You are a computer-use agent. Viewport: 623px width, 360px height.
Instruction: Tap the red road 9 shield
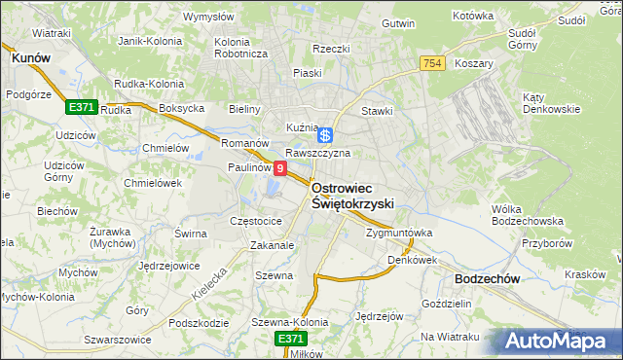pos(280,169)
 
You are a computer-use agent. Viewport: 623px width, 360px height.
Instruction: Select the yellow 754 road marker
pos(434,63)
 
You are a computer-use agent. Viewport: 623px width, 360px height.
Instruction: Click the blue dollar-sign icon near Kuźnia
pos(326,135)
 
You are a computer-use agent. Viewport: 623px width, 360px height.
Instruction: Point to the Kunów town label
pos(31,58)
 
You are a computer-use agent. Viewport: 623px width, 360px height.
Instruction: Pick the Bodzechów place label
pos(487,278)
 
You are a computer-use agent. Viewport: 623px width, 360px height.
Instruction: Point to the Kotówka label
pos(474,17)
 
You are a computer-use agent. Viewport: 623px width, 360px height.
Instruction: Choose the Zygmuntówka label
pos(399,234)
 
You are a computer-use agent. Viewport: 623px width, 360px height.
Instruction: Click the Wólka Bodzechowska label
pos(521,215)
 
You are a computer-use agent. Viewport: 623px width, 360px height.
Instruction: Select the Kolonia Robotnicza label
pos(240,48)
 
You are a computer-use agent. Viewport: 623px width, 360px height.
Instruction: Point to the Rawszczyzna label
pos(317,154)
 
